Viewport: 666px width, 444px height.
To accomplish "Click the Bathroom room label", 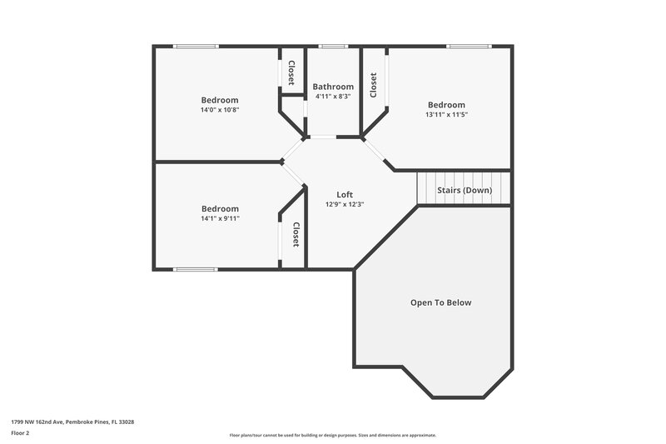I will pyautogui.click(x=333, y=87).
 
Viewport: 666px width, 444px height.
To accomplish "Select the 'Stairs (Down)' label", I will pyautogui.click(x=465, y=190).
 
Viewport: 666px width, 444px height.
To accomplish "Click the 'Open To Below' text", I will pyautogui.click(x=440, y=302).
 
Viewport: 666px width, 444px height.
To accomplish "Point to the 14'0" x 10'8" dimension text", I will pyautogui.click(x=219, y=110).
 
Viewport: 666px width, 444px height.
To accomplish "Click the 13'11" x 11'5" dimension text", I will pyautogui.click(x=446, y=114).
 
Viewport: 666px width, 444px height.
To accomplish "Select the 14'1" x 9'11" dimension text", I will pyautogui.click(x=219, y=218).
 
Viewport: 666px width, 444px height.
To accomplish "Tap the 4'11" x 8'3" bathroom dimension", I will pyautogui.click(x=333, y=97).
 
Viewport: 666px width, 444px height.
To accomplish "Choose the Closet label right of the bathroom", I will pyautogui.click(x=373, y=85).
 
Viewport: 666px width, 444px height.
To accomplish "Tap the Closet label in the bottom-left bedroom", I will pyautogui.click(x=295, y=235).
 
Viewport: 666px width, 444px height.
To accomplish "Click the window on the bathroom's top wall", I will pyautogui.click(x=333, y=46).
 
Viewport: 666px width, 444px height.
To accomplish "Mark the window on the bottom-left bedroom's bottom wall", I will pyautogui.click(x=195, y=269).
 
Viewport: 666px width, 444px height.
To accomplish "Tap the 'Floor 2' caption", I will pyautogui.click(x=20, y=433).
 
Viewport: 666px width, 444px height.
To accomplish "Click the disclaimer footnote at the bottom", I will pyautogui.click(x=332, y=435).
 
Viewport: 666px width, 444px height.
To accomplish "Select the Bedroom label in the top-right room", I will pyautogui.click(x=446, y=105).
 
